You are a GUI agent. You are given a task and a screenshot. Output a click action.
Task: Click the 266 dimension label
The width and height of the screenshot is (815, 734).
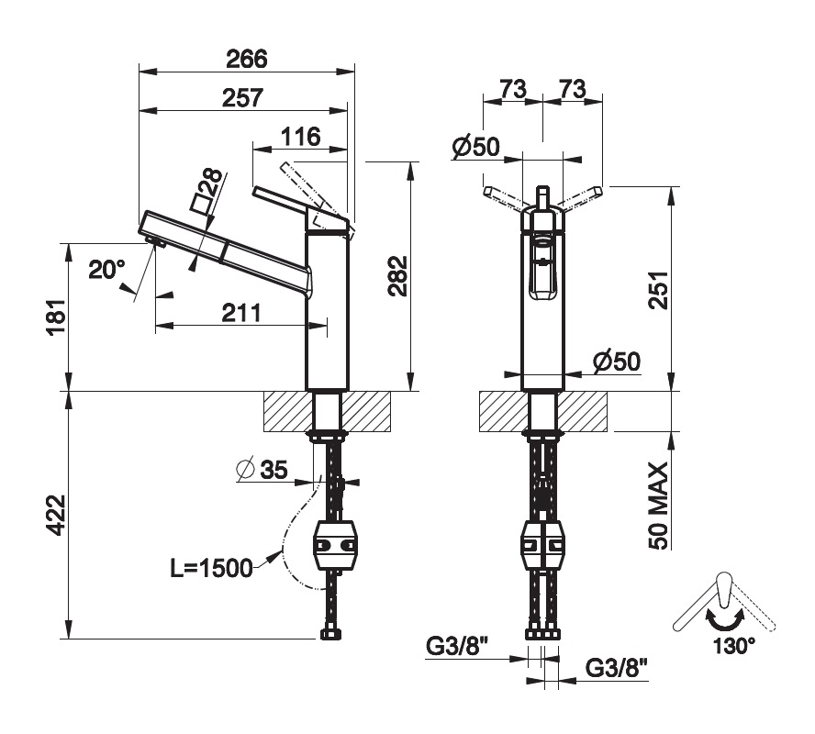pos(246,59)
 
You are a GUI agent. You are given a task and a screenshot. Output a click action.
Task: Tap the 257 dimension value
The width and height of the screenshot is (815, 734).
pos(242,97)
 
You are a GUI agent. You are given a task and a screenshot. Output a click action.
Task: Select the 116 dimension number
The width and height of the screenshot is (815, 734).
pos(301,137)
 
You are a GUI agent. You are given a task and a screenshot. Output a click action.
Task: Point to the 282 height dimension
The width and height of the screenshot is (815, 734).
pos(398,276)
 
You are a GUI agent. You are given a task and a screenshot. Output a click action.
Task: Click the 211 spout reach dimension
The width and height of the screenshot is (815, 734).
pos(241,313)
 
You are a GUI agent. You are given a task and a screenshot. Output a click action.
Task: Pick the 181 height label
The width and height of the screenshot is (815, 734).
pos(57,317)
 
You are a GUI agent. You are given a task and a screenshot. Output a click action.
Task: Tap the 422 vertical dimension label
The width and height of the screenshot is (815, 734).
pos(56,515)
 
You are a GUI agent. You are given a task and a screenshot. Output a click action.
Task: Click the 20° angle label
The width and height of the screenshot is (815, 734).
pos(106,270)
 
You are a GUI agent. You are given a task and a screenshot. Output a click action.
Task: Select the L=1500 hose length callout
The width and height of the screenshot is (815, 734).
pos(211,568)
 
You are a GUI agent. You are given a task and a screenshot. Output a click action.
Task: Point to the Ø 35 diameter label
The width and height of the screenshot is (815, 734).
pos(262,469)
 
